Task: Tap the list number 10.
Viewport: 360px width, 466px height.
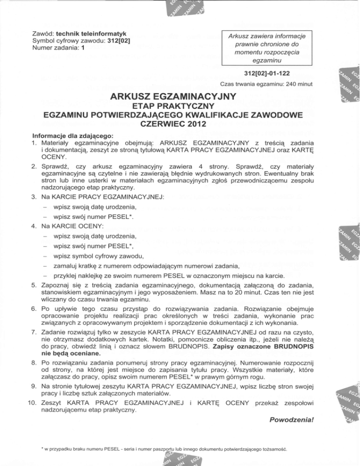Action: click(x=33, y=403)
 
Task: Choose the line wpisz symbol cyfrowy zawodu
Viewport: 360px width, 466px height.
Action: click(x=98, y=256)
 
